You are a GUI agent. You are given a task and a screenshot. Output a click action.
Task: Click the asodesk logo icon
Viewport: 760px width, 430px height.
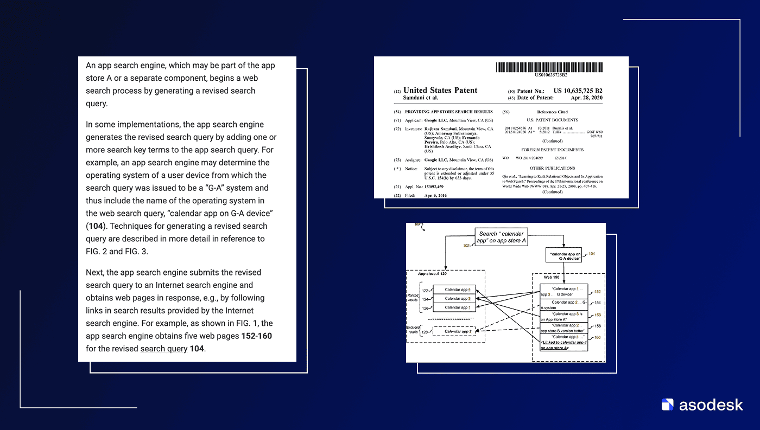coord(668,405)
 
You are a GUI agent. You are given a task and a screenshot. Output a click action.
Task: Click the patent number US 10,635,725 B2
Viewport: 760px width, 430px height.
coord(578,91)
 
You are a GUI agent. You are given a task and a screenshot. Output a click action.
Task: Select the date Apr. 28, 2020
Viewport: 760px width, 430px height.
coord(586,98)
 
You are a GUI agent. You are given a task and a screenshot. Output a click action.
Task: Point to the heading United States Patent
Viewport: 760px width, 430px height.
coord(440,91)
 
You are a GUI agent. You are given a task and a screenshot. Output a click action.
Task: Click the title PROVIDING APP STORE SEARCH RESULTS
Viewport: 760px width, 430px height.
coord(449,112)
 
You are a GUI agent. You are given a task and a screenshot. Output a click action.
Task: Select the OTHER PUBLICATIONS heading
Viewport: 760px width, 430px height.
coord(552,168)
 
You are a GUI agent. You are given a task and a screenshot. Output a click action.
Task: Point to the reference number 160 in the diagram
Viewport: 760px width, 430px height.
coord(597,338)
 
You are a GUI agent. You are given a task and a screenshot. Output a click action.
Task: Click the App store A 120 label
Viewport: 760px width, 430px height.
coord(432,274)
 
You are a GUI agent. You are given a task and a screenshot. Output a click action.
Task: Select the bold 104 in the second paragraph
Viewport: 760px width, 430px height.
coord(96,226)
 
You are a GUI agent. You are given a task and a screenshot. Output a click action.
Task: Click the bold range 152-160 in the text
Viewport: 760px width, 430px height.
coord(257,336)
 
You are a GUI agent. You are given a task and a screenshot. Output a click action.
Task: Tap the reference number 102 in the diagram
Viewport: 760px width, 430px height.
coord(466,246)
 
